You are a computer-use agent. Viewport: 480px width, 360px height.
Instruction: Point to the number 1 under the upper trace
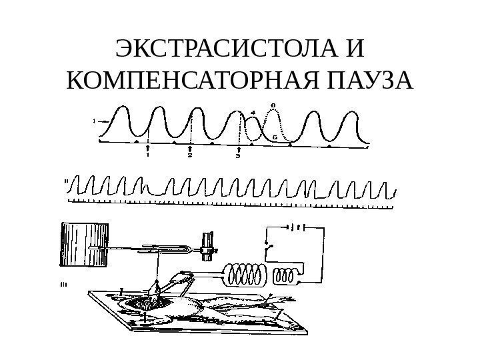pyautogui.click(x=147, y=157)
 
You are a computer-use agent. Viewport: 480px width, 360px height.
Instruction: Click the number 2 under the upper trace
pyautogui.click(x=190, y=157)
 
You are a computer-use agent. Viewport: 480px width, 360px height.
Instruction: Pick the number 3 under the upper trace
pyautogui.click(x=238, y=157)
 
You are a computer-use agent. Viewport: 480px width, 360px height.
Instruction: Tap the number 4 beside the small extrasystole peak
pyautogui.click(x=253, y=112)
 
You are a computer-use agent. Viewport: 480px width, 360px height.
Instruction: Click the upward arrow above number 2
pyautogui.click(x=190, y=148)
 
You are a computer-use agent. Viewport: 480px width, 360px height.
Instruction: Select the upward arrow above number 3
pyautogui.click(x=239, y=149)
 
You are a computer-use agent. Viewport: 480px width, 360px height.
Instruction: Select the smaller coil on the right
pyautogui.click(x=288, y=276)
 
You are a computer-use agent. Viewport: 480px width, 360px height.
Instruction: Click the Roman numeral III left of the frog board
pyautogui.click(x=64, y=283)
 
